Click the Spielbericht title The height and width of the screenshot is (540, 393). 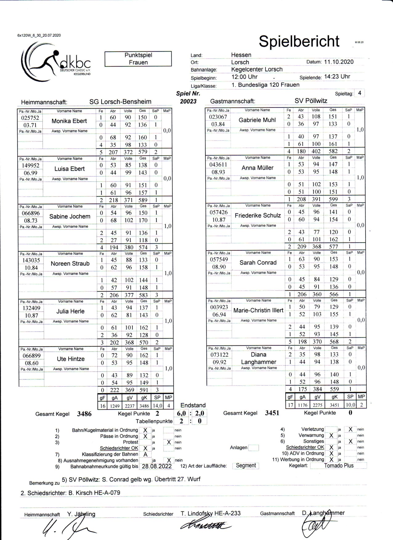299,41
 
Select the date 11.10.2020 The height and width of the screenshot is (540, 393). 339,62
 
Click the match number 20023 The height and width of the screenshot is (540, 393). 188,101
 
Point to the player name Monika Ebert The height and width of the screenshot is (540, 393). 69,121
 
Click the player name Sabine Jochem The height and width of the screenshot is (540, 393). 70,216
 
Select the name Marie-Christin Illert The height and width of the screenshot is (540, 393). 258,310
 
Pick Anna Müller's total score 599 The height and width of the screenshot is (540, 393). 333,199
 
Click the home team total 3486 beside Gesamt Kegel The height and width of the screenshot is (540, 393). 84,414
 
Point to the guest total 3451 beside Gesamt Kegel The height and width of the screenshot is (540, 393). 272,413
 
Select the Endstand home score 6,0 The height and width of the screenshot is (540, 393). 181,413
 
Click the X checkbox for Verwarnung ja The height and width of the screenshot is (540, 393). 331,436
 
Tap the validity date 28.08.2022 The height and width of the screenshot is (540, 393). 156,466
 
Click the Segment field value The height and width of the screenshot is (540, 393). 246,465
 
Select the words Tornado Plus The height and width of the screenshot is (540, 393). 339,465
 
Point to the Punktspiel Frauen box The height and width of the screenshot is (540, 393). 138,59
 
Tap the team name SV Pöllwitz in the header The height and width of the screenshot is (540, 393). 311,101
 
